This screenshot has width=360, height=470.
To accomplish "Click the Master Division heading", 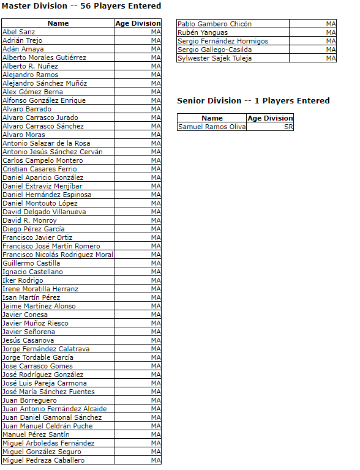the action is [81, 6].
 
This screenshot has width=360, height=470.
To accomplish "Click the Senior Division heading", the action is [253, 101].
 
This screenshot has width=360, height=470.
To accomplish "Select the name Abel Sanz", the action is [19, 32].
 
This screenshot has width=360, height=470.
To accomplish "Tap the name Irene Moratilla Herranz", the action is [40, 289].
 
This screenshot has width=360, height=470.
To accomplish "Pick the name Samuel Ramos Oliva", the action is [211, 127].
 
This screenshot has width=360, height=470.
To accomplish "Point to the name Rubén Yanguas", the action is [202, 33].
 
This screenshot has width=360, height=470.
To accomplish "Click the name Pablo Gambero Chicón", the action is [214, 24].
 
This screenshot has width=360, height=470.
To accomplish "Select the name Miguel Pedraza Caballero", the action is [43, 460].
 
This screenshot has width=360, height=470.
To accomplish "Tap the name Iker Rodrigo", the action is [23, 280].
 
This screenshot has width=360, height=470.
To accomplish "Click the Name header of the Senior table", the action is [212, 118].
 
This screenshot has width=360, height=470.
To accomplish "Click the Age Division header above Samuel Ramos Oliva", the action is [270, 118].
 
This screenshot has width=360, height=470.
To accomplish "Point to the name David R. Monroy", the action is [29, 220].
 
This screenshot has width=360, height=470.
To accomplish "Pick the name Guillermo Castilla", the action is [31, 263].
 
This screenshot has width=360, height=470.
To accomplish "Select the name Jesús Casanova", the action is [28, 340].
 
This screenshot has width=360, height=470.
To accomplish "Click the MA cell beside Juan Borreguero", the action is [156, 400].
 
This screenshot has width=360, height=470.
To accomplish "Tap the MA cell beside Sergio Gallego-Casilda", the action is [331, 50].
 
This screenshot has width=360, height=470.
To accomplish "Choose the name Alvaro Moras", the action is [24, 135].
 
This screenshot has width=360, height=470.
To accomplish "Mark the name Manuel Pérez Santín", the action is [36, 435].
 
